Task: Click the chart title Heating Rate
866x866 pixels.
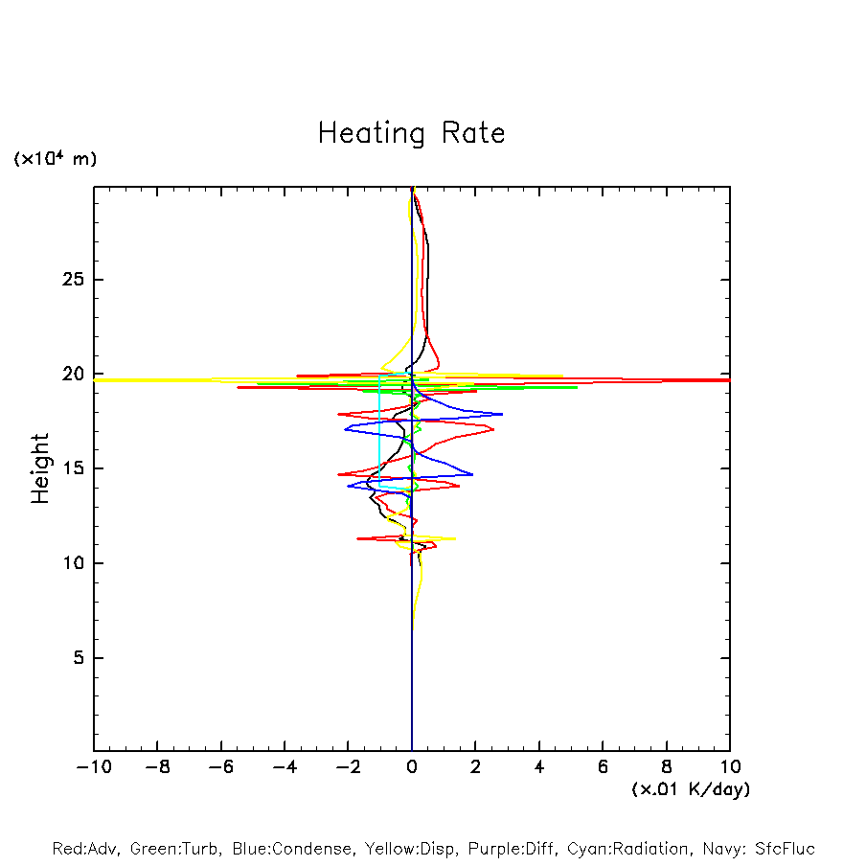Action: [x=411, y=133]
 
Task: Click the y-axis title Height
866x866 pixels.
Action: [x=40, y=468]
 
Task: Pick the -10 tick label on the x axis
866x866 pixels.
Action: [x=94, y=767]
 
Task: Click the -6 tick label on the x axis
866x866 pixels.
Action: [x=220, y=767]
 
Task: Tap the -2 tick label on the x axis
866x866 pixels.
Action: [x=348, y=767]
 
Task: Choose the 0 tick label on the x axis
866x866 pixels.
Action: [x=412, y=767]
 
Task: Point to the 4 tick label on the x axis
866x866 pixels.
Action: [x=539, y=767]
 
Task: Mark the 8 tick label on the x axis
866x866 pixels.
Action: [x=667, y=767]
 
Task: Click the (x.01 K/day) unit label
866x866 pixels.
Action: [x=690, y=789]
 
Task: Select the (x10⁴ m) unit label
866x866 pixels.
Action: [x=55, y=159]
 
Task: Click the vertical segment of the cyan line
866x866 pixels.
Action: [x=379, y=431]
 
